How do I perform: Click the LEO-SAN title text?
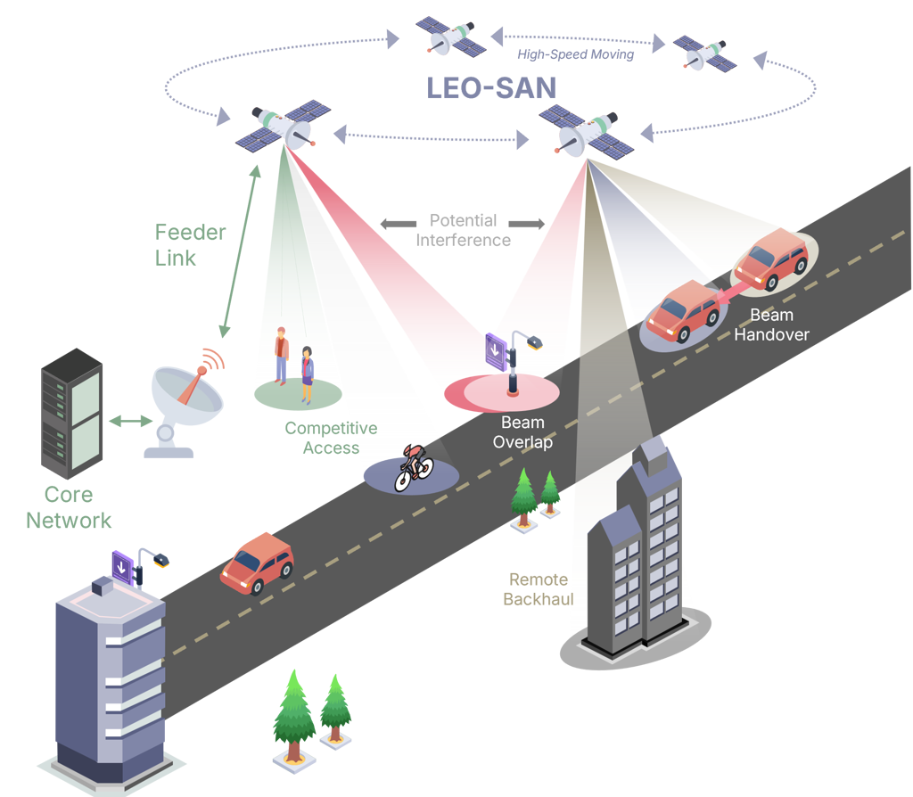point(491,87)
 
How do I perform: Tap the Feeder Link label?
point(190,244)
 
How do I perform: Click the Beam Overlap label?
point(523,432)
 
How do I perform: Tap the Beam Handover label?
point(771,325)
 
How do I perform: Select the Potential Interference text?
point(463,229)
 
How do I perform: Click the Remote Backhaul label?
point(538,589)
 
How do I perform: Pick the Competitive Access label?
point(330,438)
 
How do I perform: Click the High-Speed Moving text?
point(576,55)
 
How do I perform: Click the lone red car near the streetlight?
point(257,562)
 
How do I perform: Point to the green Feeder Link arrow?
point(238,250)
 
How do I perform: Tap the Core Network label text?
point(70,507)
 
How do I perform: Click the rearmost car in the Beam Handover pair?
point(683,311)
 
